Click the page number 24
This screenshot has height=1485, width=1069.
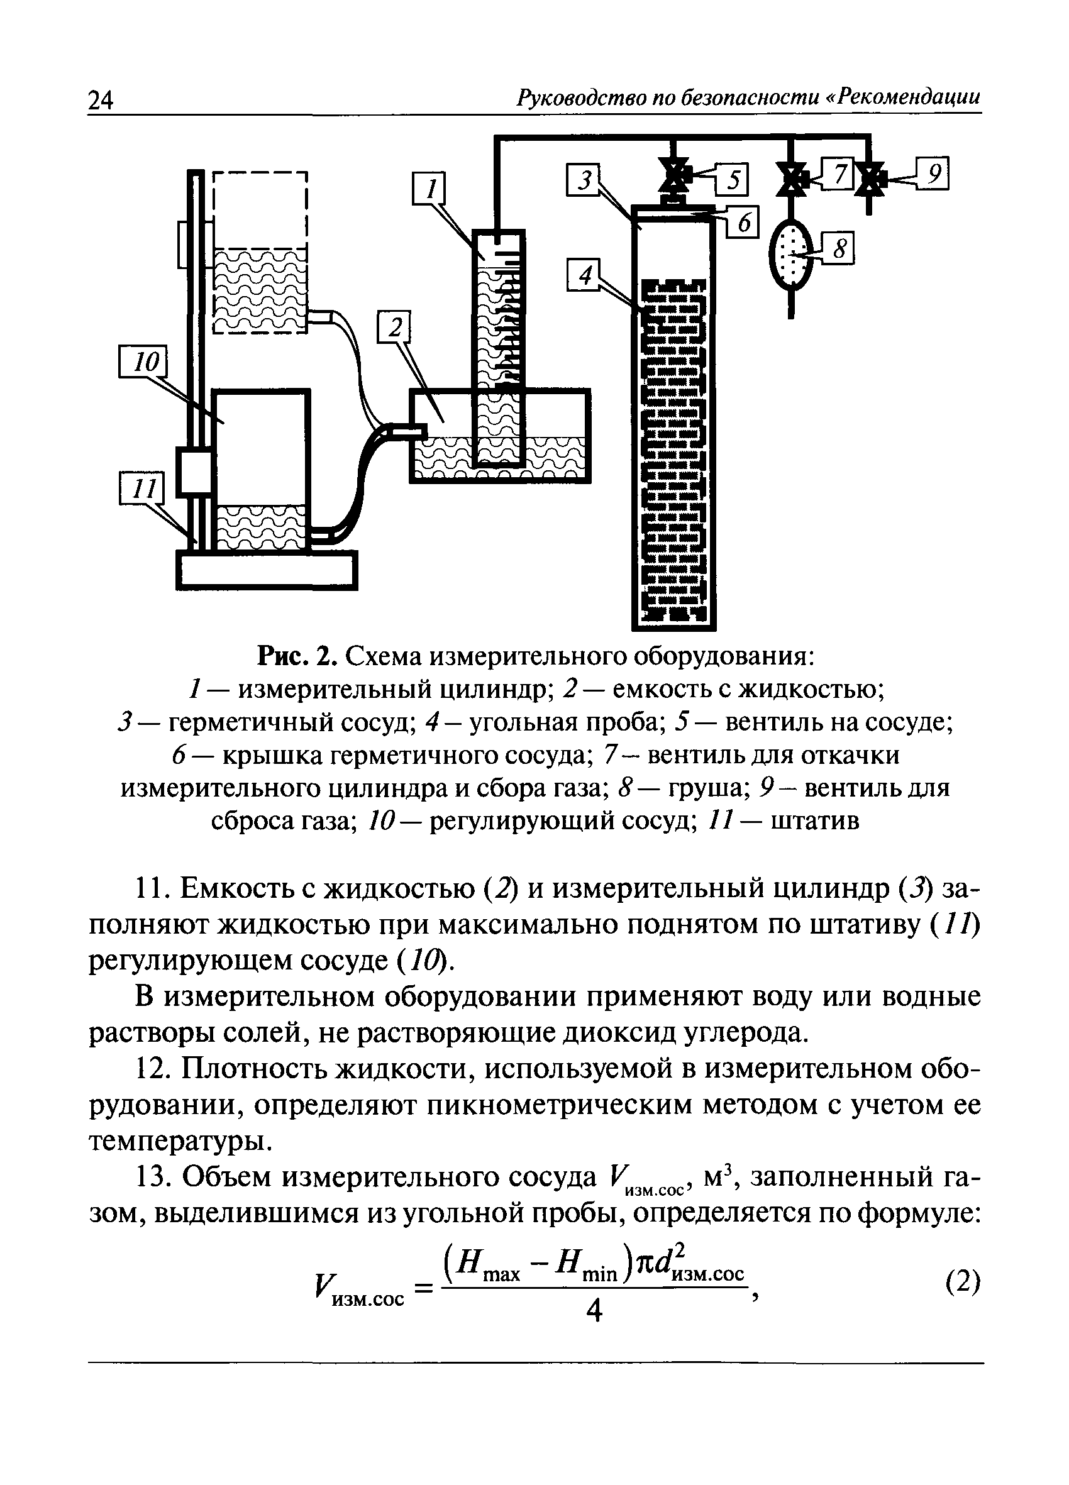100,100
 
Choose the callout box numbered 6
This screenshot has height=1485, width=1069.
742,223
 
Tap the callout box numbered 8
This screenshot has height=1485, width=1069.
838,250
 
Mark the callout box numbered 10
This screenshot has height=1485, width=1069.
143,362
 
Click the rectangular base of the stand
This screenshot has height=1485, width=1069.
267,570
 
